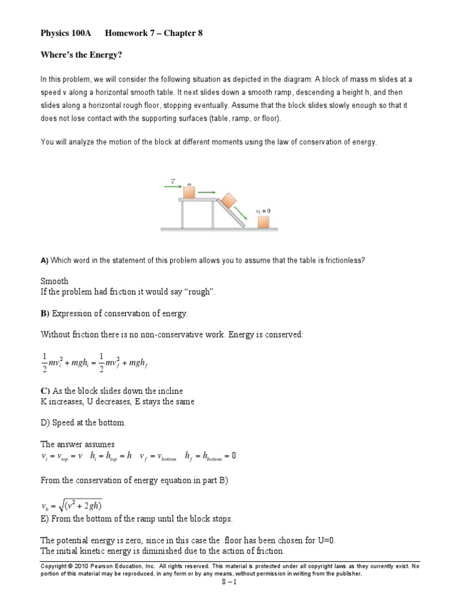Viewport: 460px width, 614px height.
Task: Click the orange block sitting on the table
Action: [x=189, y=192]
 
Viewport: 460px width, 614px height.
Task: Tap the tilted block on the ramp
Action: [x=229, y=201]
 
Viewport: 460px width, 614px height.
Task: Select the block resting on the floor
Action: [x=263, y=222]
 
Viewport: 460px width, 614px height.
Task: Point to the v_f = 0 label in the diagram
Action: [x=263, y=211]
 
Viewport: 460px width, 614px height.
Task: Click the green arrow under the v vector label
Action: [x=172, y=186]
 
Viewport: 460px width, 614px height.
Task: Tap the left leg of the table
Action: [x=183, y=215]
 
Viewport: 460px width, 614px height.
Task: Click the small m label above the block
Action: [x=189, y=183]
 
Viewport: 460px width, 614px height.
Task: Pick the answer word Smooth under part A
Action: [x=55, y=281]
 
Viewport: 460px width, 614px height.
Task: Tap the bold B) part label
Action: [x=45, y=314]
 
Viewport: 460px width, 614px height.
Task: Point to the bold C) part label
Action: [x=45, y=391]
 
